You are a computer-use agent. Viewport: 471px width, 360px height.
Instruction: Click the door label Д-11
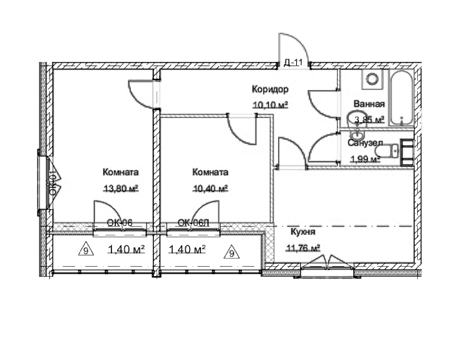click(293, 62)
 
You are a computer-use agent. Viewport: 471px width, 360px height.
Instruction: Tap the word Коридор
click(270, 90)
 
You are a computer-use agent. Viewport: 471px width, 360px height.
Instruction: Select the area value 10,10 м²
click(270, 105)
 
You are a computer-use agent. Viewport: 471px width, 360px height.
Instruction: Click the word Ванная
click(369, 105)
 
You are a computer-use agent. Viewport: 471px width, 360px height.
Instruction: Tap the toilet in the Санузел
click(393, 152)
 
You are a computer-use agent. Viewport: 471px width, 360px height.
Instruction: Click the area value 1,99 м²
click(365, 158)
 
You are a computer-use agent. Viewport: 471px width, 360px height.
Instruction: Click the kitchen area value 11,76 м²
click(303, 247)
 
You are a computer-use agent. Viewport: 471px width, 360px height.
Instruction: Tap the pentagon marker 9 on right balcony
click(231, 253)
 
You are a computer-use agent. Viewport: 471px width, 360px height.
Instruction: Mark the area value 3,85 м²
click(369, 120)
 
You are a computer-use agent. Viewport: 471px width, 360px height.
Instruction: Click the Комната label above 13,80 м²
click(120, 172)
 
